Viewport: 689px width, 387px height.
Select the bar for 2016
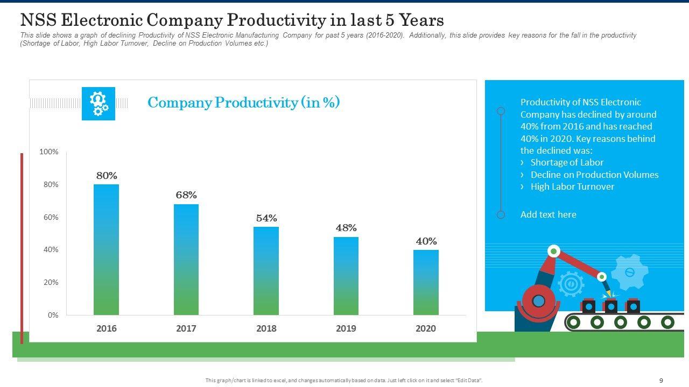click(106, 249)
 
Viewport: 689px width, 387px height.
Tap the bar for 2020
click(426, 282)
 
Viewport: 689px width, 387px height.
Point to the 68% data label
click(186, 195)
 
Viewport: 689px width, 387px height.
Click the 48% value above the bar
click(346, 228)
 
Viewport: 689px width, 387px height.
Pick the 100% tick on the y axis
click(49, 152)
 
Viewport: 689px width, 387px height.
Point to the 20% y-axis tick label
click(50, 282)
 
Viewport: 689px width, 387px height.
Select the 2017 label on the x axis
click(186, 328)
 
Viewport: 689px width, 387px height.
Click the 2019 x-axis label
click(346, 328)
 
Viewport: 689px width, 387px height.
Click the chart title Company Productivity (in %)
click(243, 103)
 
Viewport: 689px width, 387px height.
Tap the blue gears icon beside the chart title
click(99, 104)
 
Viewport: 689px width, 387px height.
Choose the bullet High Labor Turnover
click(572, 187)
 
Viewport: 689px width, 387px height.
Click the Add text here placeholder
click(548, 214)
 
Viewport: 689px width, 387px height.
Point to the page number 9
click(661, 381)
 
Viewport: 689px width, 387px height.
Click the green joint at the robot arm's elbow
click(553, 251)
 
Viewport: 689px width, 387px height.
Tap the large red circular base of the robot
click(538, 300)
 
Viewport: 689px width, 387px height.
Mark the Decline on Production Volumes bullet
click(594, 175)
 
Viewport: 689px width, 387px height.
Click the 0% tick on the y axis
click(52, 315)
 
